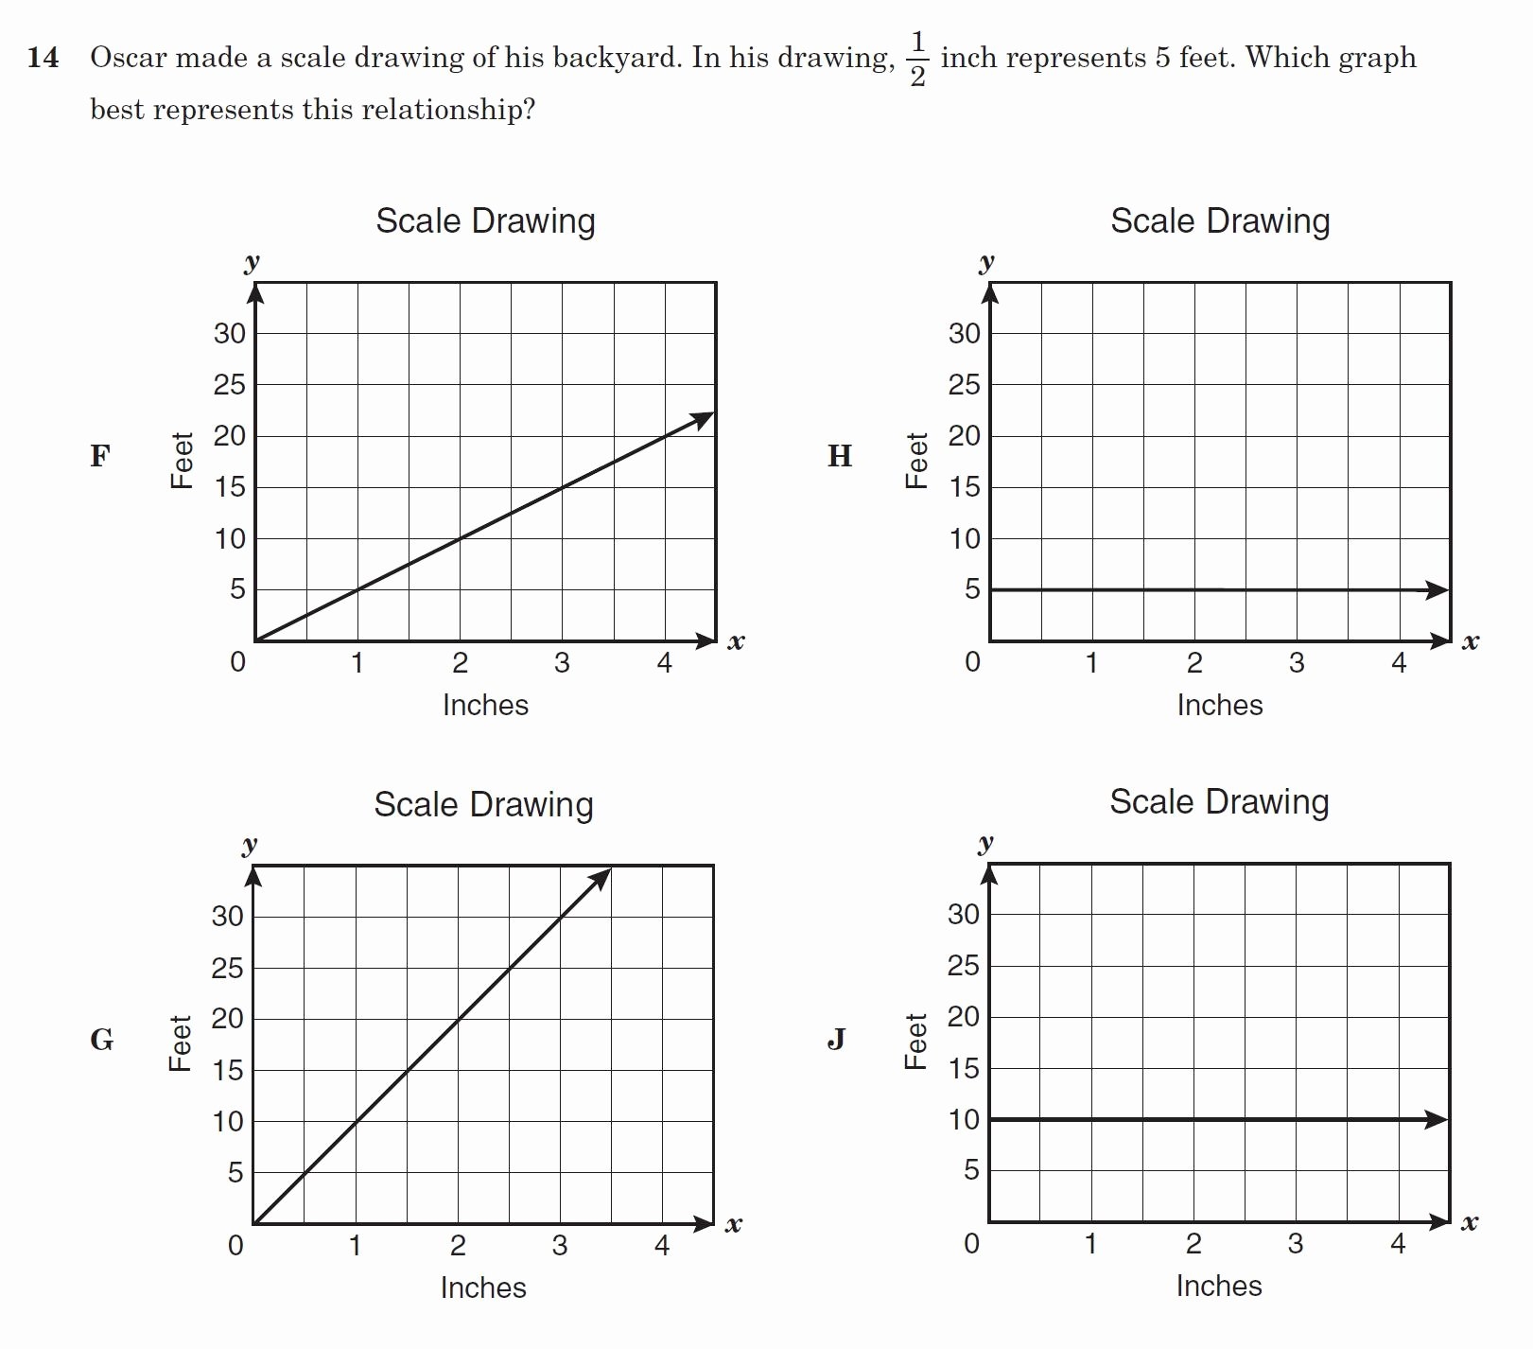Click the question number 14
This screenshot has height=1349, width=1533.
[43, 58]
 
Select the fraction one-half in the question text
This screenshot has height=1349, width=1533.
[917, 59]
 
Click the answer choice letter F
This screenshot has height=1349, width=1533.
[99, 456]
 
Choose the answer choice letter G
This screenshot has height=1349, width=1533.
[101, 1040]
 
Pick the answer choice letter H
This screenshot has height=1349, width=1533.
[840, 456]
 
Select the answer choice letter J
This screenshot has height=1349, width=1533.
[836, 1040]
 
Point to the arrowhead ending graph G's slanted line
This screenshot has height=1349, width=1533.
[601, 879]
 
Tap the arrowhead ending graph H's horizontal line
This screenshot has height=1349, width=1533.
[1437, 590]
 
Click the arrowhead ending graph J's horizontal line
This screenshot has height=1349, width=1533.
[1437, 1120]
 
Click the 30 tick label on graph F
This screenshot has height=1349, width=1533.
[229, 334]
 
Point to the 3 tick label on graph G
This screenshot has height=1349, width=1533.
[560, 1245]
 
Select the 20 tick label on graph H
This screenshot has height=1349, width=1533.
[964, 436]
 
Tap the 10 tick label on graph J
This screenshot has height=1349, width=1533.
[963, 1120]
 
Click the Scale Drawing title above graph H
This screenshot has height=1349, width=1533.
[1220, 221]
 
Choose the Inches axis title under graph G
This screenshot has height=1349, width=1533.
[483, 1288]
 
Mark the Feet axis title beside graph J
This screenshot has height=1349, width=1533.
[915, 1042]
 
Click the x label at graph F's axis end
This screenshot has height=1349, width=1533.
[736, 642]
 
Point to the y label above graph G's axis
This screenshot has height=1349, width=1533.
[250, 844]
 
